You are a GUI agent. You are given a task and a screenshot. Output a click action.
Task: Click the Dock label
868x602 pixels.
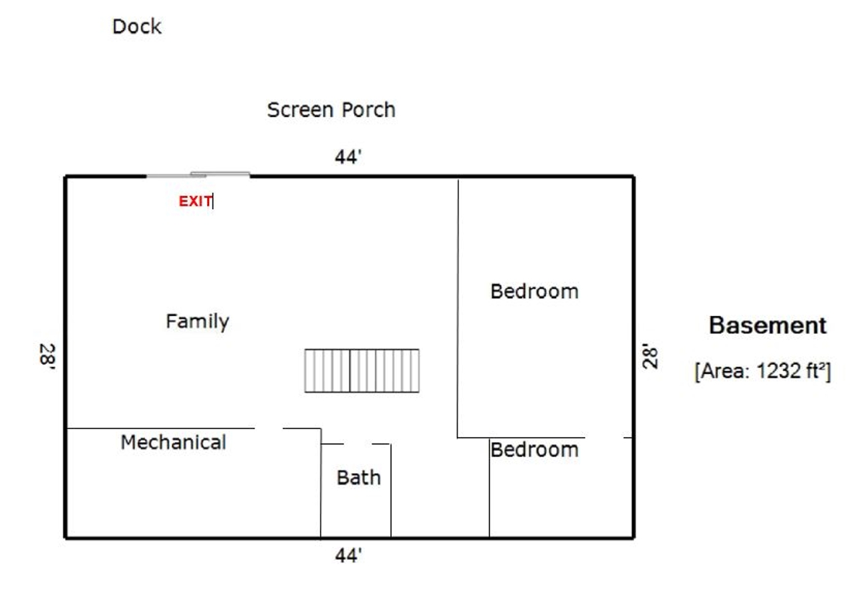(137, 27)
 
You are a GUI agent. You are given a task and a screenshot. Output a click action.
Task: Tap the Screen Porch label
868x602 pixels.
(331, 110)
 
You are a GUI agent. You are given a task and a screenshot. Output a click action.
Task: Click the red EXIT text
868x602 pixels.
(195, 201)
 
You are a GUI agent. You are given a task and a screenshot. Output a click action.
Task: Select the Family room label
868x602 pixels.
(197, 321)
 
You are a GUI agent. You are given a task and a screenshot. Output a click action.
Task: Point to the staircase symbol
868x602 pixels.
(361, 370)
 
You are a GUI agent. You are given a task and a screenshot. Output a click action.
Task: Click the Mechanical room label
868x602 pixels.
(173, 442)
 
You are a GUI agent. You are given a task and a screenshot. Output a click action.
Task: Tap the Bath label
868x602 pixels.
(358, 478)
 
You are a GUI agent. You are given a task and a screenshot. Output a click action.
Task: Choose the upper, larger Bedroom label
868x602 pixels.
(534, 291)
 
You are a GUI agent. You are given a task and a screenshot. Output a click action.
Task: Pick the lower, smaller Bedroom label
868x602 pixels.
(534, 450)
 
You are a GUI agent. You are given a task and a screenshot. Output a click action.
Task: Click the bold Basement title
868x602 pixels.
(767, 326)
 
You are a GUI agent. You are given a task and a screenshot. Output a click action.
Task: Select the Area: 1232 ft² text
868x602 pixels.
(762, 371)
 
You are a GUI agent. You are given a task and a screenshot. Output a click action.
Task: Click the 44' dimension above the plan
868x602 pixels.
(348, 157)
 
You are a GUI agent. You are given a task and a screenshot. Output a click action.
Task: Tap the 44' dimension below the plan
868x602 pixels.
(348, 555)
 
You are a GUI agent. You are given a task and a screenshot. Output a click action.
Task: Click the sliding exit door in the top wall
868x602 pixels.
(198, 175)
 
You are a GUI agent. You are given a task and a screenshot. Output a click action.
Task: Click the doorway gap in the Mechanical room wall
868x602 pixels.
(269, 428)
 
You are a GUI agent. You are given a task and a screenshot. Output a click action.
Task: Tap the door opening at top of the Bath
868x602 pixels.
(357, 444)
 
